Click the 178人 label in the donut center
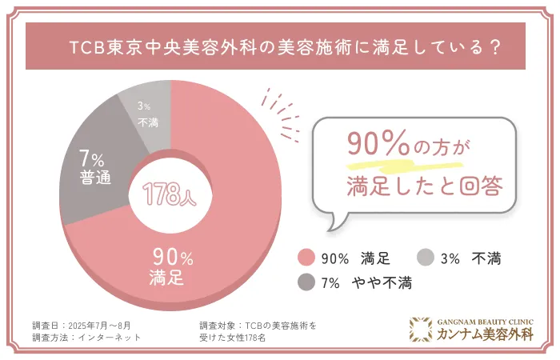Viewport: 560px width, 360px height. click(169, 194)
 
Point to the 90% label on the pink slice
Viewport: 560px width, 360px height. click(172, 258)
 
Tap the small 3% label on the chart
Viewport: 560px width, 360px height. click(143, 106)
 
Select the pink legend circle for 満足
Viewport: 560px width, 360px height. click(305, 258)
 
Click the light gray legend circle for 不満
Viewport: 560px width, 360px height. click(426, 258)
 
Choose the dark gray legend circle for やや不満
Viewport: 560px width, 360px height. click(305, 282)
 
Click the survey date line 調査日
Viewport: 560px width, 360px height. click(84, 326)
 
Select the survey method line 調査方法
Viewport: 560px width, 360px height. click(89, 338)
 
